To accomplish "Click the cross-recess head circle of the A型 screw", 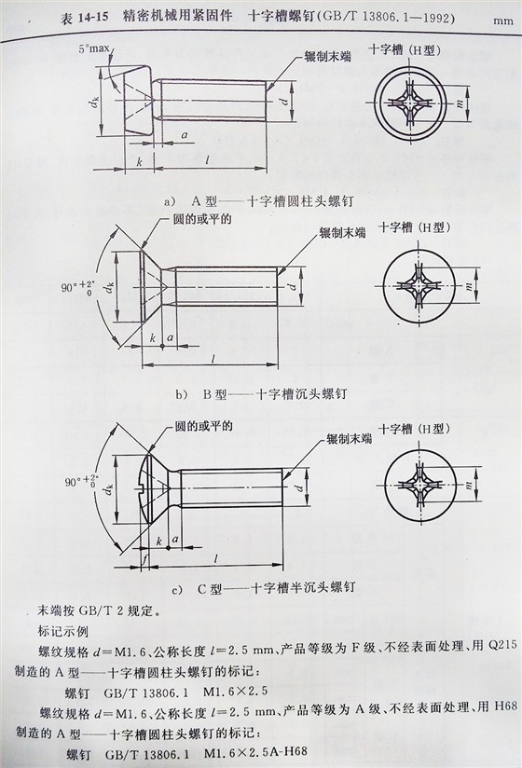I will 417,102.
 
